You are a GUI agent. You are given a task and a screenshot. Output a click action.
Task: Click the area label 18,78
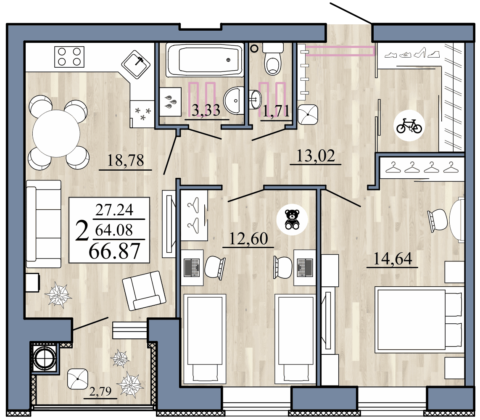coord(125,161)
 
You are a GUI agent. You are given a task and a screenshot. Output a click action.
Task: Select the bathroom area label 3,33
coord(206,111)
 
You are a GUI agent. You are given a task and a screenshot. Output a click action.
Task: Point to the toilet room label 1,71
coord(276,111)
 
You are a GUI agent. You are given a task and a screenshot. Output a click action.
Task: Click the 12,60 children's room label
coord(248,239)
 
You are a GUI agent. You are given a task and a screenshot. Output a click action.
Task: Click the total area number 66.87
coord(114,251)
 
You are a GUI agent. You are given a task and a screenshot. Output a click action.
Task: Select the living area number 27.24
coord(114,209)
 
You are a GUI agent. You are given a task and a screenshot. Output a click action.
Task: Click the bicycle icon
coord(409,125)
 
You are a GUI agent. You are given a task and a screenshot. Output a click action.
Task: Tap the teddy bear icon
coord(292,219)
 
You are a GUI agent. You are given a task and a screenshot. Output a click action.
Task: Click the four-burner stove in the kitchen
coord(69,56)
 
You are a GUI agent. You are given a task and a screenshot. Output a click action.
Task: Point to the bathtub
coord(205,60)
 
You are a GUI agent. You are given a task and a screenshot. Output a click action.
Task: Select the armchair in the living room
coord(143,290)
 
